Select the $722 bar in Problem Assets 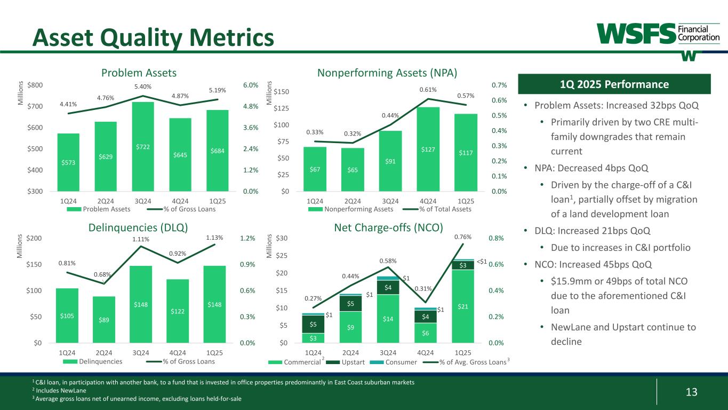[142, 146]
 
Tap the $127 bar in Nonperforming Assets [428, 149]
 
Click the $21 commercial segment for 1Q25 [462, 306]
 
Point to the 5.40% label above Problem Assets [142, 86]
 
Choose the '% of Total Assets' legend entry [445, 209]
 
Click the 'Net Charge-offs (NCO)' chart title [388, 227]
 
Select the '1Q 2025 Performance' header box [614, 84]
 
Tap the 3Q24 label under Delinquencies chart [141, 353]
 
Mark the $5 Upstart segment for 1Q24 [313, 324]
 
